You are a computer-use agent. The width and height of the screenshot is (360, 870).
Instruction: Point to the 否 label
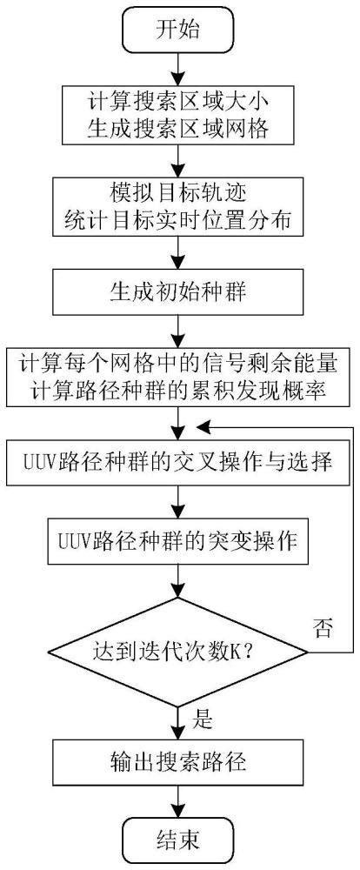pos(322,631)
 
